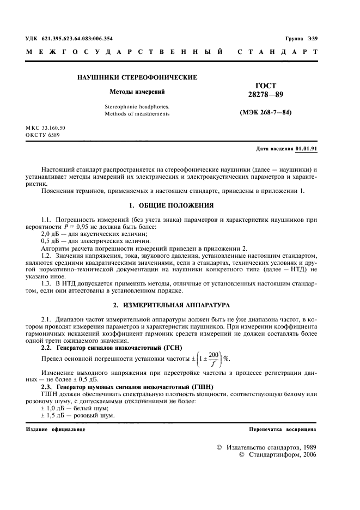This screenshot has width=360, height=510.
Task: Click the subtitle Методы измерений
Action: [x=137, y=92]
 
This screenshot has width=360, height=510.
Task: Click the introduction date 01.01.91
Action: [x=307, y=149]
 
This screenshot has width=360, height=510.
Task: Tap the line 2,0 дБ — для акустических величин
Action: [x=86, y=233]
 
